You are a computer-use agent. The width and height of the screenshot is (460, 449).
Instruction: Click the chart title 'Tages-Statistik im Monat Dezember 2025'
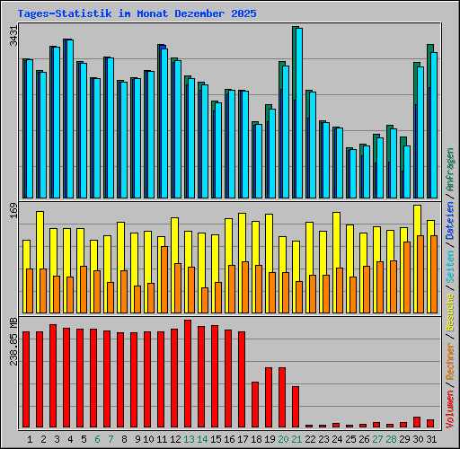click(137, 14)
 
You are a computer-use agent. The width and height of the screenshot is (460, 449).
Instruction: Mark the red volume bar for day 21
click(296, 406)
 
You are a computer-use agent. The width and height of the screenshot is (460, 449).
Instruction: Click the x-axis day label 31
click(431, 439)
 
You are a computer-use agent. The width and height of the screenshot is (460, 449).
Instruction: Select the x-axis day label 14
click(202, 439)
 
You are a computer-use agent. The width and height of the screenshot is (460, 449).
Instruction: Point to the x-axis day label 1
click(31, 439)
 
